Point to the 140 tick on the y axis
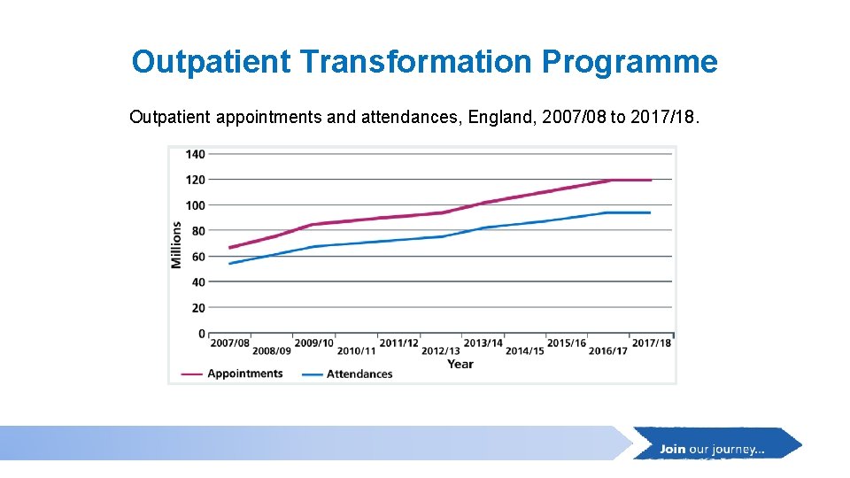click(x=195, y=154)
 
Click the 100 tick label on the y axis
click(x=195, y=205)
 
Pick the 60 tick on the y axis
click(x=197, y=257)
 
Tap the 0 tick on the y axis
click(x=201, y=334)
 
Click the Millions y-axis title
click(x=176, y=244)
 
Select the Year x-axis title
click(x=460, y=364)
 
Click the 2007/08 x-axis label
click(x=229, y=343)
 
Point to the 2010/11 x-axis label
click(x=357, y=351)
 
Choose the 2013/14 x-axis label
click(x=483, y=343)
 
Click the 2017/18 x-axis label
click(x=651, y=343)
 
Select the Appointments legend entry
click(x=244, y=374)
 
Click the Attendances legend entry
click(x=359, y=374)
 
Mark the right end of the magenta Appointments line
click(x=651, y=180)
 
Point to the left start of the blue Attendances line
click(x=229, y=264)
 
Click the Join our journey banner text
click(x=712, y=449)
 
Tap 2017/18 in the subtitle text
click(x=665, y=117)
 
